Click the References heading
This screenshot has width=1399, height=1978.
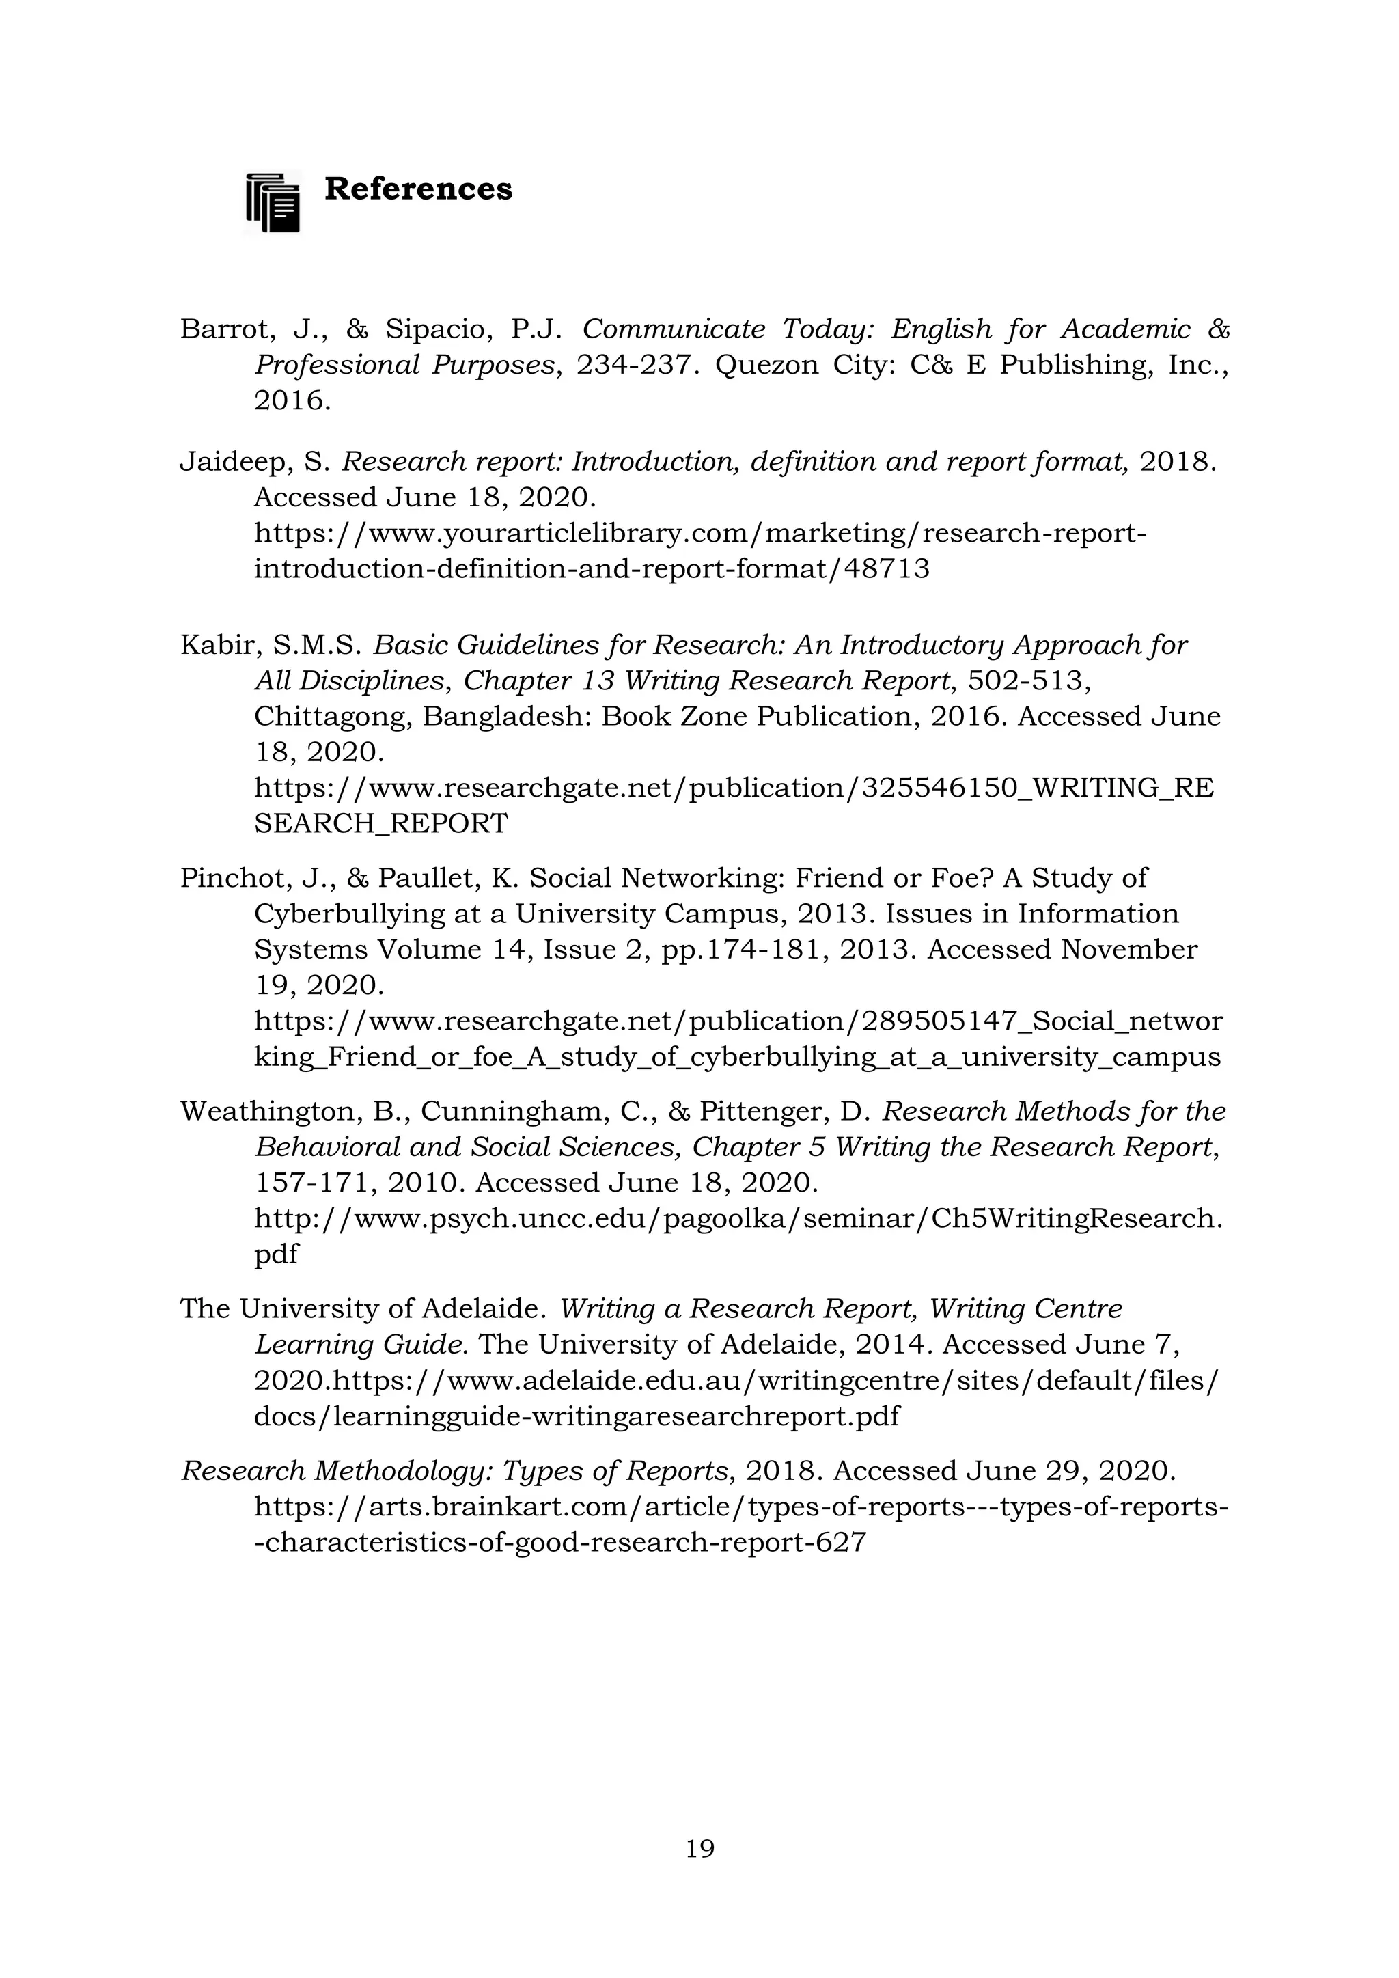(418, 189)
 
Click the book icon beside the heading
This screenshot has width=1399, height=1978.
(273, 202)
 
